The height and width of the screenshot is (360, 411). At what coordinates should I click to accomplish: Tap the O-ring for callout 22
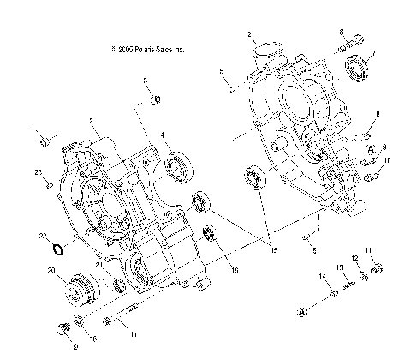pyautogui.click(x=57, y=249)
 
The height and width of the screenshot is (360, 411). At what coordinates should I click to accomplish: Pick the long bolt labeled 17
pyautogui.click(x=119, y=322)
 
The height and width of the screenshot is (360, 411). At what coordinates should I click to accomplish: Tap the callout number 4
pyautogui.click(x=163, y=135)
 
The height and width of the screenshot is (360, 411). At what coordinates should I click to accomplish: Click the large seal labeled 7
pyautogui.click(x=359, y=67)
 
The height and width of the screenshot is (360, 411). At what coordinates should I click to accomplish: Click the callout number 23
pyautogui.click(x=39, y=173)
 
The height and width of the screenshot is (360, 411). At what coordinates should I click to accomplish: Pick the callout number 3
pyautogui.click(x=146, y=80)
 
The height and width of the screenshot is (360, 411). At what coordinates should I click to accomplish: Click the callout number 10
pyautogui.click(x=387, y=160)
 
